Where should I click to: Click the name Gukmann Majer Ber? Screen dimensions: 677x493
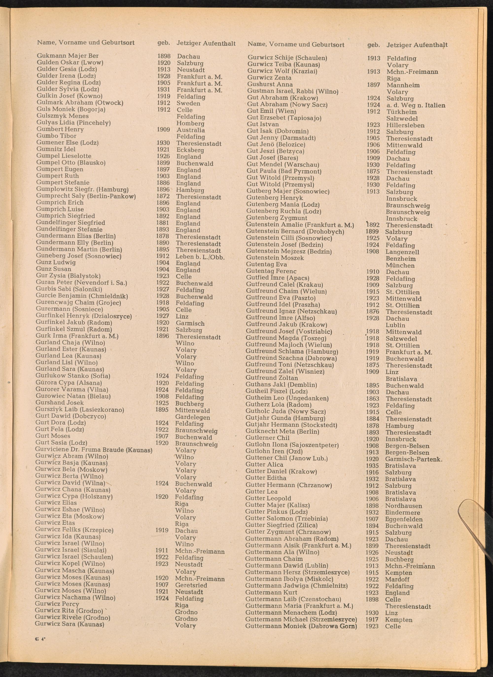(68, 56)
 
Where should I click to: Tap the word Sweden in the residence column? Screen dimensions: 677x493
(188, 103)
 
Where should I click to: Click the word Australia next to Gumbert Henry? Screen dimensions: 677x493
(191, 130)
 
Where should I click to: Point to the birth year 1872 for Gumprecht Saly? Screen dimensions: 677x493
(163, 196)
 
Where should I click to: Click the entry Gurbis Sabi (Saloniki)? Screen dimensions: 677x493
(69, 289)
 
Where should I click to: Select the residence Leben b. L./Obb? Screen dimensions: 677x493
(200, 257)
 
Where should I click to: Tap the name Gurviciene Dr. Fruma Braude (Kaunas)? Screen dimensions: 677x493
(94, 450)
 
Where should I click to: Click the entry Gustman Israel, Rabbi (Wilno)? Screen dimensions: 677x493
(292, 91)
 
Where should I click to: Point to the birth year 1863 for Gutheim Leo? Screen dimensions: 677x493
(372, 399)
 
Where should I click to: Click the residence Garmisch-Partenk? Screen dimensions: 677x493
(414, 459)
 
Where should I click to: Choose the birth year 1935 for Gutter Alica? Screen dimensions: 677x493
(372, 465)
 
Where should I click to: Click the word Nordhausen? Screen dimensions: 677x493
(404, 506)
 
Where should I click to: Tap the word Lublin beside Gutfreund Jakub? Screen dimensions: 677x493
(395, 325)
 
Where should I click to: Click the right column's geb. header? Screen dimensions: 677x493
(373, 45)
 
